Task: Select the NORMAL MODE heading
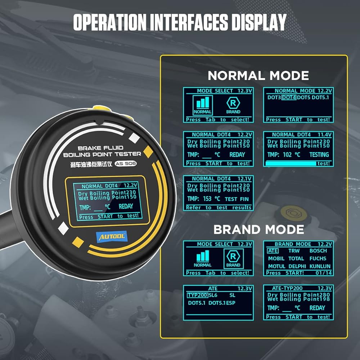tap(258, 76)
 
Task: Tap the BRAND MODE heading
tap(258, 229)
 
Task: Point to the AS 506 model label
tap(127, 163)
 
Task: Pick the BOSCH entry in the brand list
tap(318, 251)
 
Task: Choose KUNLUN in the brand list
tap(320, 266)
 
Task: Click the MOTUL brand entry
tap(276, 266)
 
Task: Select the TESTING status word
tap(319, 155)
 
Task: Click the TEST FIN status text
tap(237, 199)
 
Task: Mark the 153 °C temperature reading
tap(211, 199)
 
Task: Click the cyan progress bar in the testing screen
tap(291, 163)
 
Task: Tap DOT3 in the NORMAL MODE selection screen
tap(274, 98)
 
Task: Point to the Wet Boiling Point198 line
tap(298, 300)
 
